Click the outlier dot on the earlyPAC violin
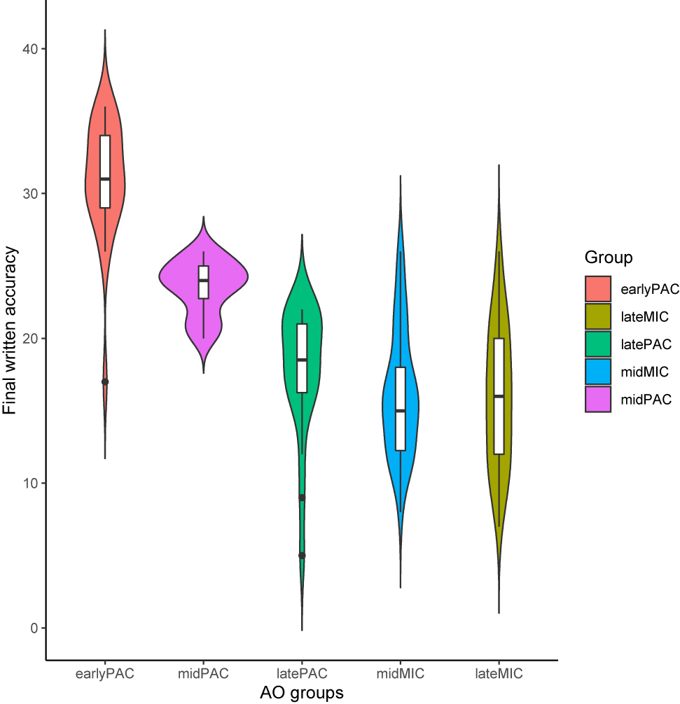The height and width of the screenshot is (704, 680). point(105,381)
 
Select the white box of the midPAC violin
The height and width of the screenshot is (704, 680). point(204,282)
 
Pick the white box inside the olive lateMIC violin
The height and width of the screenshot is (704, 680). point(499,396)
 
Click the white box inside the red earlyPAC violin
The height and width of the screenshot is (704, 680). point(105,171)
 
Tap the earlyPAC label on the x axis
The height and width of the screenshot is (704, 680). point(105,674)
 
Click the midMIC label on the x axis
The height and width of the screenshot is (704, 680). point(401,674)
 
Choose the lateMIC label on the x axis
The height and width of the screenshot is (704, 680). point(499,674)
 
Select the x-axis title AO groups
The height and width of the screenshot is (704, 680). point(302,693)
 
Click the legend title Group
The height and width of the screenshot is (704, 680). point(609,258)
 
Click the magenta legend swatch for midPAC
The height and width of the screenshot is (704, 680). point(599,399)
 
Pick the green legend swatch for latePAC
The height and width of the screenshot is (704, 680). point(599,344)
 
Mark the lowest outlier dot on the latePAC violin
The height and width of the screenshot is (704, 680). point(302,555)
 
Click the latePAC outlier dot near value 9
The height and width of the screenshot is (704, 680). point(302,498)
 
